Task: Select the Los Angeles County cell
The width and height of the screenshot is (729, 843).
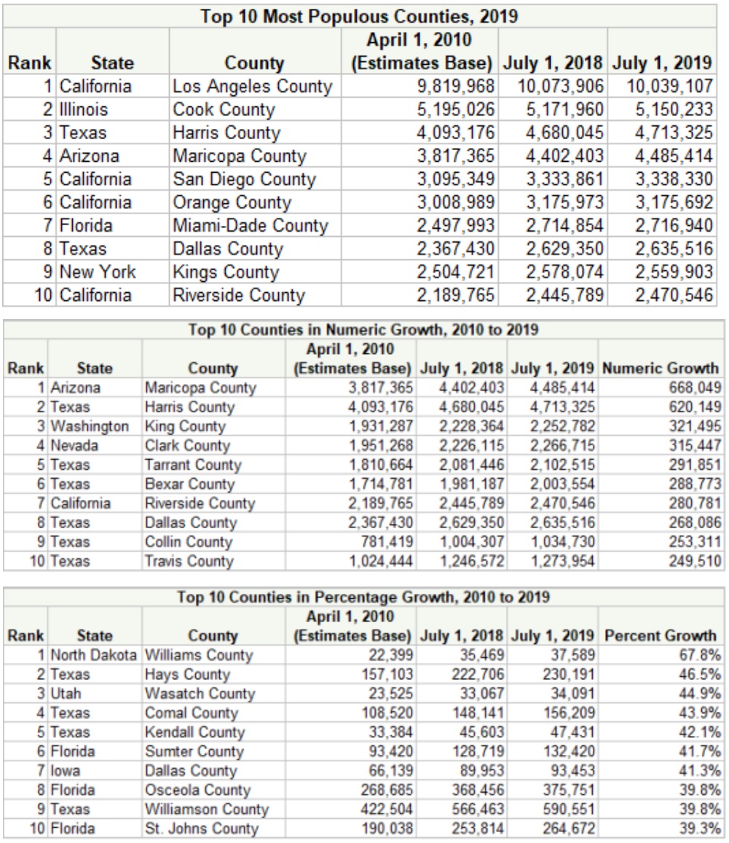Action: click(x=252, y=87)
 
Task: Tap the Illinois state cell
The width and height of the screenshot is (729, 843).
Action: click(x=84, y=110)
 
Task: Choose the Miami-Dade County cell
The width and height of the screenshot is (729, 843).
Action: click(x=250, y=226)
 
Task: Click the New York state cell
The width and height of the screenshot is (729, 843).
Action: click(x=98, y=272)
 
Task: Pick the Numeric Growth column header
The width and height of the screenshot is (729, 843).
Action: click(x=661, y=368)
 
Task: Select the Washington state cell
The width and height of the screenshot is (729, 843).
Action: click(x=90, y=426)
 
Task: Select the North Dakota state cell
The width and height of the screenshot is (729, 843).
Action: click(x=94, y=654)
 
